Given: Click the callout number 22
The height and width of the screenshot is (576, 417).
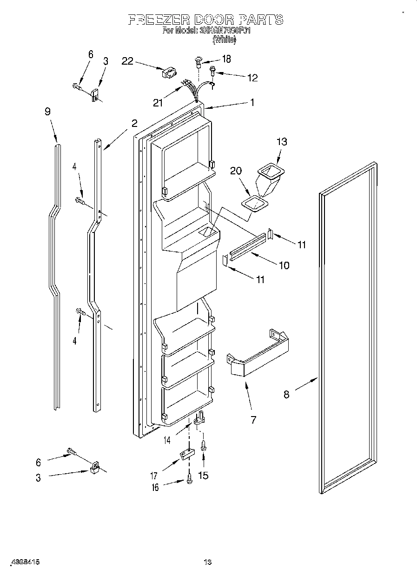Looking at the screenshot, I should click(127, 61).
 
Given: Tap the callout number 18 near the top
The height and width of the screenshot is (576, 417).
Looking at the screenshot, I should click(226, 59).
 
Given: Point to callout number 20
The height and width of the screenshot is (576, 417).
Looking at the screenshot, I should click(236, 171).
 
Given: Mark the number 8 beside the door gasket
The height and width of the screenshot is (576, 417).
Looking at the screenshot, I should click(286, 395).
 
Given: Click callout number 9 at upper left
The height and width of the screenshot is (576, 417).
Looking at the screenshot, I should click(47, 112).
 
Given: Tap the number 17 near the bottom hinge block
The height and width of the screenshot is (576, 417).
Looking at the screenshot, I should click(153, 476).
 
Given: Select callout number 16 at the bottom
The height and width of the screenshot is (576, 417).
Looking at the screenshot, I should click(155, 487).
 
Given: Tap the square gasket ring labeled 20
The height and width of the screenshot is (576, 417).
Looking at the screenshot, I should click(255, 204).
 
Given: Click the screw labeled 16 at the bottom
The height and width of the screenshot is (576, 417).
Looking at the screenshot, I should click(189, 480).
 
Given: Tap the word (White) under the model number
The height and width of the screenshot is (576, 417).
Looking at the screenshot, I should click(224, 40).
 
